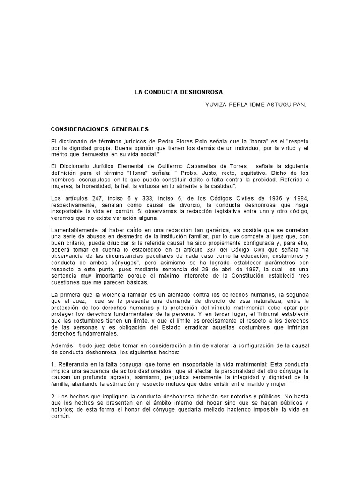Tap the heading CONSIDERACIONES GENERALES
(100, 128)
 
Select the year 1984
(301, 198)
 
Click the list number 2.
(52, 397)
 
